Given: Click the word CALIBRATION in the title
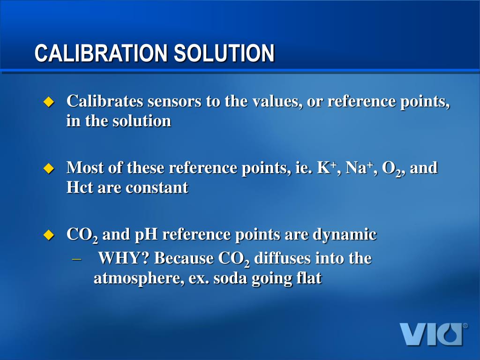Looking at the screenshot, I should point(101,53).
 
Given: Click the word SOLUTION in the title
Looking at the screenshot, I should point(224,53).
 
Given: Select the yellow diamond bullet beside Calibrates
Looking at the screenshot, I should point(49,102).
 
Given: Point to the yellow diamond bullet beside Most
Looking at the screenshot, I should point(49,168).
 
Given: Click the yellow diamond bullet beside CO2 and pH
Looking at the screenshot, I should point(49,235).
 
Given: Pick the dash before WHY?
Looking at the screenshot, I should point(77,258).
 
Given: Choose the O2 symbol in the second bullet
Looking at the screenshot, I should point(391,168).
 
